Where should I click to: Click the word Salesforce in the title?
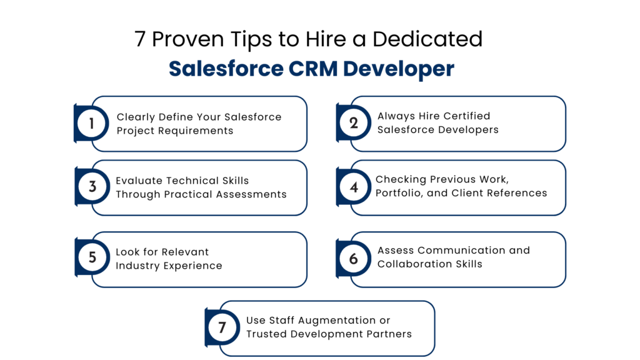tap(226, 69)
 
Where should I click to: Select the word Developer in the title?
tap(399, 70)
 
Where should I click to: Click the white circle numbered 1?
tap(92, 123)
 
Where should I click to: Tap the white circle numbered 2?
tap(354, 123)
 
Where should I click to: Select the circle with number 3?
tap(92, 187)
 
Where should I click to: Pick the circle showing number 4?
tap(354, 187)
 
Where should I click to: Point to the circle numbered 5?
tap(92, 257)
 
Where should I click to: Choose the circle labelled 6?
tap(354, 258)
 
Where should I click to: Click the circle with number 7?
tap(222, 327)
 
